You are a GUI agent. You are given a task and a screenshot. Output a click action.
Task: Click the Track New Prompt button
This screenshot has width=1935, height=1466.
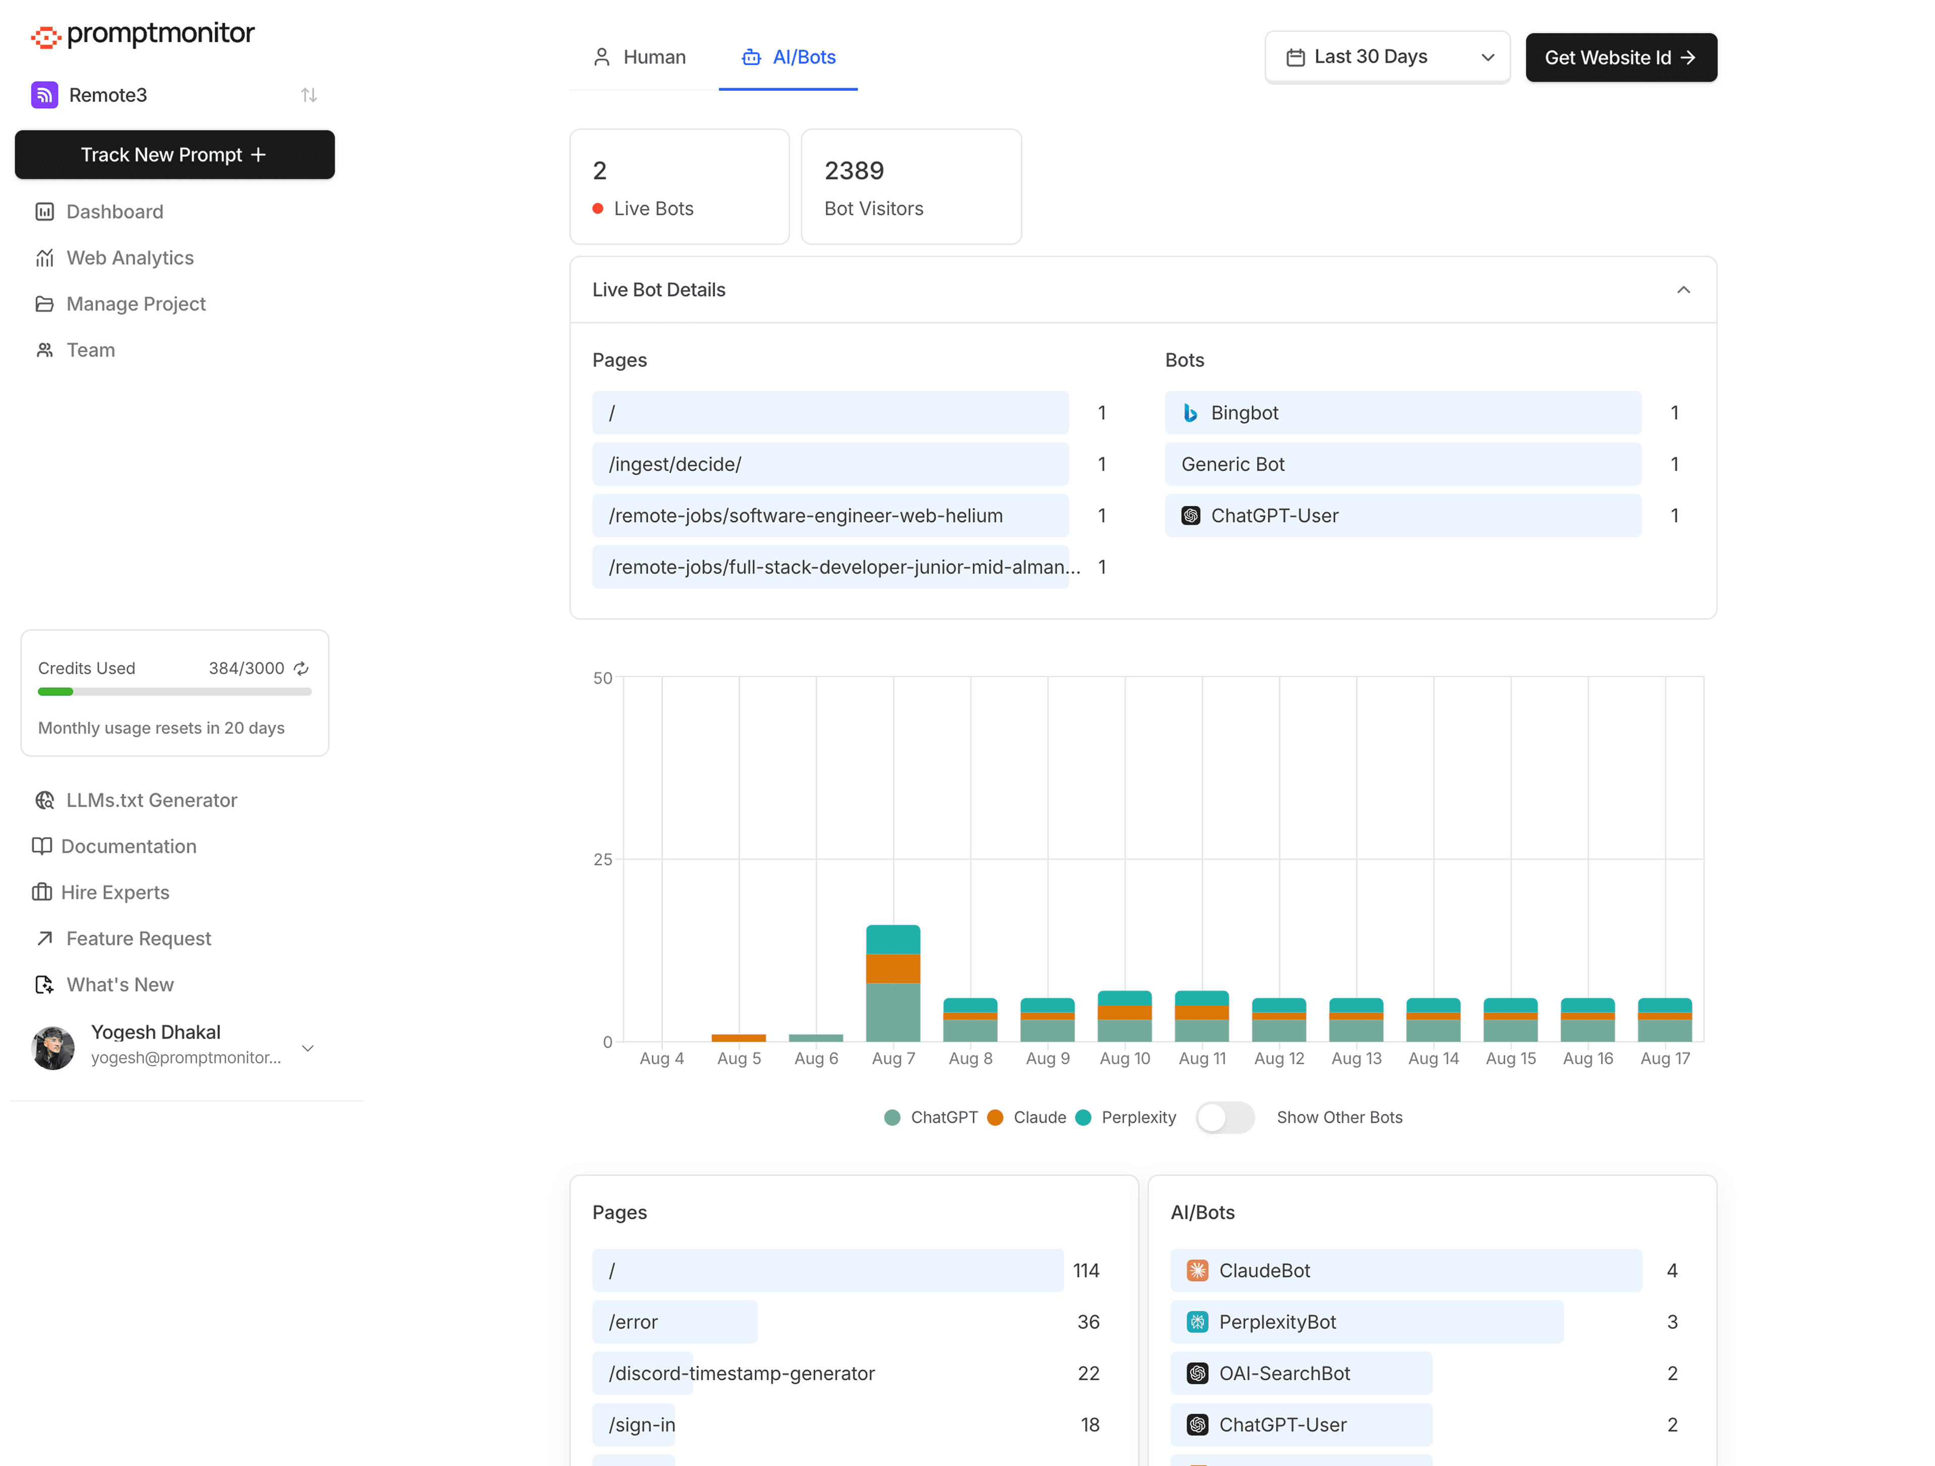[174, 155]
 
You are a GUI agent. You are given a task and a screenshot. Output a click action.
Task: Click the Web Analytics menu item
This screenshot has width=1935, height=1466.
[130, 258]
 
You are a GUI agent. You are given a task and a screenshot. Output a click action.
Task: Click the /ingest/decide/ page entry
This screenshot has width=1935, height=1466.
[829, 465]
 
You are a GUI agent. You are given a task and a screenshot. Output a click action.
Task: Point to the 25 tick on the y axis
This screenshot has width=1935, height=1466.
[603, 860]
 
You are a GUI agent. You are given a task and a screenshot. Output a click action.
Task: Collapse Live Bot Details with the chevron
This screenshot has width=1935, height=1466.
[1682, 290]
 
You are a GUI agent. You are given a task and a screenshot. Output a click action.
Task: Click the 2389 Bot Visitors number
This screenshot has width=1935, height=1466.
[854, 170]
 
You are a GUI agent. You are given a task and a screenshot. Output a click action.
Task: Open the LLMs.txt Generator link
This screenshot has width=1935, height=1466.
[151, 800]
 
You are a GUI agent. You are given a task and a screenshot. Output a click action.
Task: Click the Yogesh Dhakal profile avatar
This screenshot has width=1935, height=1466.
[53, 1047]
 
